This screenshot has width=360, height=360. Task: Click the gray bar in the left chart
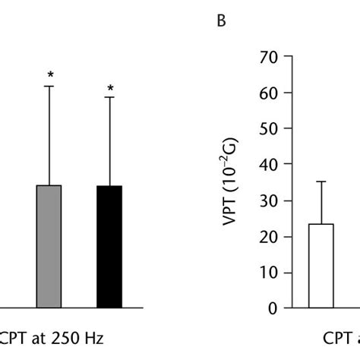click(x=49, y=247)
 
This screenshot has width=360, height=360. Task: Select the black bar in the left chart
click(x=109, y=247)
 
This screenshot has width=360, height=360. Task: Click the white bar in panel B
click(x=321, y=266)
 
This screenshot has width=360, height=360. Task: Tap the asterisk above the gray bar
click(x=49, y=74)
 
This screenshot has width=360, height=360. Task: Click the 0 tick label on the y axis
click(x=269, y=308)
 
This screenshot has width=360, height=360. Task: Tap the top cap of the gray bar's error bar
click(x=49, y=86)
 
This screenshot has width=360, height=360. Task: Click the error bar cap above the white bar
click(x=321, y=182)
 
